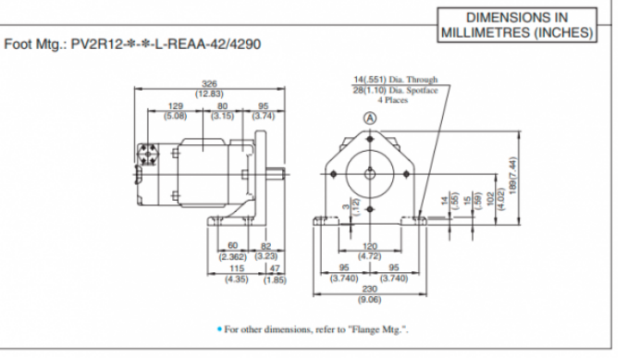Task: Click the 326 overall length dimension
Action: (210, 88)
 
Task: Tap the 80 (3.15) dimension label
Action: (222, 111)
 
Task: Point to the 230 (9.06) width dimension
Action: (369, 294)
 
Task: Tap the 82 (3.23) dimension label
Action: (265, 251)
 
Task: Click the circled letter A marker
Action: (369, 118)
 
